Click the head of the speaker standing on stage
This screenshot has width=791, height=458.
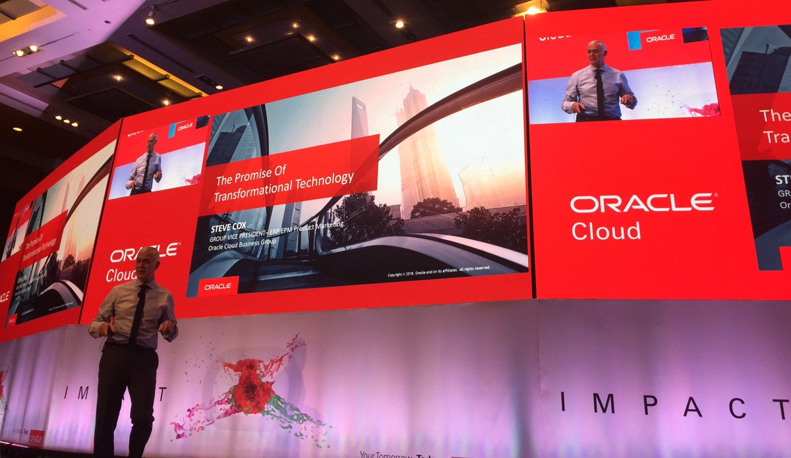pyautogui.click(x=147, y=262)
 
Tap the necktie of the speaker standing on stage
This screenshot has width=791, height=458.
pyautogui.click(x=137, y=313)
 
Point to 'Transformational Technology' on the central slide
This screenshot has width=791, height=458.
pyautogui.click(x=284, y=185)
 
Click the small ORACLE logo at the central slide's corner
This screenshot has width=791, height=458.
pyautogui.click(x=217, y=286)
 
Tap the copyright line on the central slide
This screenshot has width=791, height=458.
pyautogui.click(x=438, y=270)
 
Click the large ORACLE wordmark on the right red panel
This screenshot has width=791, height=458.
pyautogui.click(x=642, y=203)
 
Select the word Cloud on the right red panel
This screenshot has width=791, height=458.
pyautogui.click(x=605, y=231)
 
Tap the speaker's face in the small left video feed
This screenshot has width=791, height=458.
pyautogui.click(x=152, y=142)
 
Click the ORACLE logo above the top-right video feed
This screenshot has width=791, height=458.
pyautogui.click(x=660, y=38)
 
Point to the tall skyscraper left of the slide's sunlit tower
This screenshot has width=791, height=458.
pyautogui.click(x=359, y=119)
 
